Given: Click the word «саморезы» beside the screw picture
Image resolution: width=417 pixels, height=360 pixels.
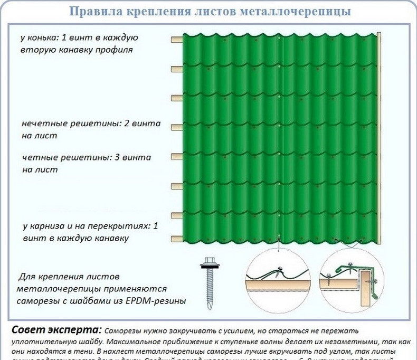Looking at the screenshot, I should pyautogui.click(x=36, y=301).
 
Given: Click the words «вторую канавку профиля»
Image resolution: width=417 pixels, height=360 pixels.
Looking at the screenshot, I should pyautogui.click(x=77, y=50).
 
